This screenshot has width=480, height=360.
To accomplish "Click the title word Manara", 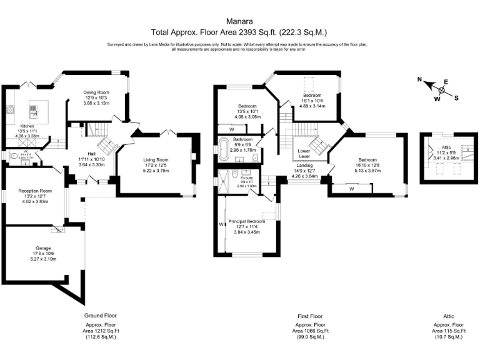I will (x=239, y=20).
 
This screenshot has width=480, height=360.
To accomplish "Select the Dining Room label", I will (x=97, y=92).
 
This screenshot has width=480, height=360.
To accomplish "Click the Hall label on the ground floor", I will (x=91, y=153).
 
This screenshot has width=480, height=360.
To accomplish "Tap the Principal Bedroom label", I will (x=246, y=221).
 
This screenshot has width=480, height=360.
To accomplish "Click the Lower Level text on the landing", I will (x=304, y=154).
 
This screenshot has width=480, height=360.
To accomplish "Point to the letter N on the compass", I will (x=421, y=80).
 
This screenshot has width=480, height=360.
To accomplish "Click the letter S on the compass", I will (x=456, y=97).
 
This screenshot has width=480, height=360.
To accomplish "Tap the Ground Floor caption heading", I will (x=101, y=316).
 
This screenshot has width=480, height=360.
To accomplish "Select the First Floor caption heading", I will (x=311, y=316).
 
